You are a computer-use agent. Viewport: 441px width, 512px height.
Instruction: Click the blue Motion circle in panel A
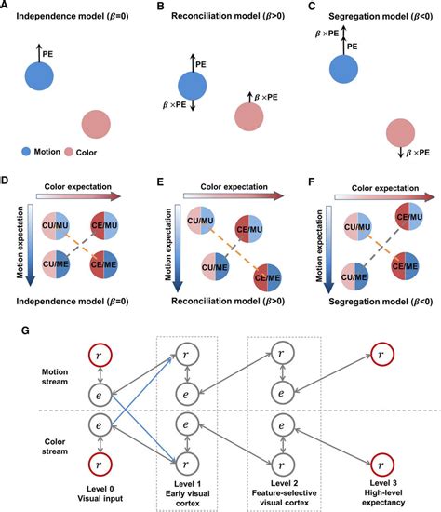(39, 75)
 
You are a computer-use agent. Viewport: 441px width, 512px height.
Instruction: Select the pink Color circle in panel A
(96, 125)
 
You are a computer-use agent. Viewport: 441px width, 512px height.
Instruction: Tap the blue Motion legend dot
(26, 152)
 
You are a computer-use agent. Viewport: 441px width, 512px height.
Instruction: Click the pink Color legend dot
(68, 152)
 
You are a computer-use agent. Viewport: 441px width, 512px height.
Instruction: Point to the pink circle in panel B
(249, 116)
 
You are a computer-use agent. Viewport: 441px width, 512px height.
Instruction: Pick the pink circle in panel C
(400, 133)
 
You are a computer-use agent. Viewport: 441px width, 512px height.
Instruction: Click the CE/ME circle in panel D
(104, 264)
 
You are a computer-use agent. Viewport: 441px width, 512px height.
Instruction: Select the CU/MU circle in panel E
(200, 220)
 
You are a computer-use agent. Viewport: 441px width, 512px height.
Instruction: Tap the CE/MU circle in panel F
(409, 216)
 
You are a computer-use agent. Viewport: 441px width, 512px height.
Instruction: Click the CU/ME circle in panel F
(354, 276)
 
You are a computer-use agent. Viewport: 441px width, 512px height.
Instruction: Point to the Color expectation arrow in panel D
(79, 196)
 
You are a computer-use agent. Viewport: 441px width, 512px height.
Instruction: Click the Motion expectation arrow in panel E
(178, 249)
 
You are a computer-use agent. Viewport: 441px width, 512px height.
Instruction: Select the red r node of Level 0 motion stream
(100, 355)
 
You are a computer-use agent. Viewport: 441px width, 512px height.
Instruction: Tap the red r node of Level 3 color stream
(382, 465)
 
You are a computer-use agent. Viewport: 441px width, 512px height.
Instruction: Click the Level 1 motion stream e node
(186, 394)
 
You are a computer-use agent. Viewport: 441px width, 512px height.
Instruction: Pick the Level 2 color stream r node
(282, 465)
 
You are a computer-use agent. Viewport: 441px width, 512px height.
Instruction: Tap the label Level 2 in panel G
(284, 483)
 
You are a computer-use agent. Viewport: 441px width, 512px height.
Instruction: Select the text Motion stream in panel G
(55, 376)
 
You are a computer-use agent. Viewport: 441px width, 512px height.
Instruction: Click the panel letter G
(25, 330)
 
